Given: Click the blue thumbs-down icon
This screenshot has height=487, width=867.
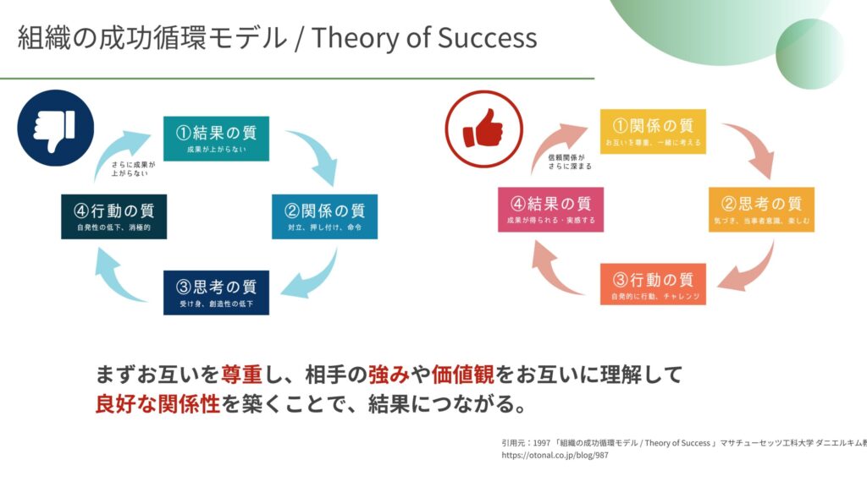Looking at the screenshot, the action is click(x=55, y=129).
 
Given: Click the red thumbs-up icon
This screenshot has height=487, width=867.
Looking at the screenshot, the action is click(x=483, y=129).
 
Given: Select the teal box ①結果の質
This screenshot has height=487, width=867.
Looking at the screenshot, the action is click(x=216, y=139).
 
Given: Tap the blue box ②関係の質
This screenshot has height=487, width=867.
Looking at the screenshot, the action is click(x=324, y=216).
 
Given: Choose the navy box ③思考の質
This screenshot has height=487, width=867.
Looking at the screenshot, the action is click(x=216, y=293).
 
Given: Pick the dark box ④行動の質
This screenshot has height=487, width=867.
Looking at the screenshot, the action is click(x=114, y=216).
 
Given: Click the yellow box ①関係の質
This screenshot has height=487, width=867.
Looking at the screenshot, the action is click(x=653, y=131).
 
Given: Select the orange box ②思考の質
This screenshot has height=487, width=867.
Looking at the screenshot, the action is click(x=761, y=210).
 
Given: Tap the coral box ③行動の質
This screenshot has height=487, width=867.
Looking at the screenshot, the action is click(x=653, y=284).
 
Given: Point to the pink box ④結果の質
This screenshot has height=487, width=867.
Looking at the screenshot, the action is click(x=550, y=210).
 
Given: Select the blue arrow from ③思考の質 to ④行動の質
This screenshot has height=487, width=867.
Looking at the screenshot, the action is click(x=113, y=279).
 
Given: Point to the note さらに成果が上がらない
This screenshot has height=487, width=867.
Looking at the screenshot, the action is click(x=133, y=168).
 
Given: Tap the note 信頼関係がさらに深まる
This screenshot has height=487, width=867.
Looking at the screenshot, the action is click(x=570, y=161).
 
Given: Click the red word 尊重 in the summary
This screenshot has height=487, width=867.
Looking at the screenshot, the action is click(x=241, y=375).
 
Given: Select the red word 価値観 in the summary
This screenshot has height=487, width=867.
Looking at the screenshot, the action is click(x=463, y=375).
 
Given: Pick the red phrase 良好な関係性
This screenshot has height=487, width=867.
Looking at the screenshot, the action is click(x=157, y=404).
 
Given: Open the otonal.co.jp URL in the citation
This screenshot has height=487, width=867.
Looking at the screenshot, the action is click(x=555, y=456).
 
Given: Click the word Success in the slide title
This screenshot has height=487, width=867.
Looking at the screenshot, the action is click(x=487, y=38).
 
